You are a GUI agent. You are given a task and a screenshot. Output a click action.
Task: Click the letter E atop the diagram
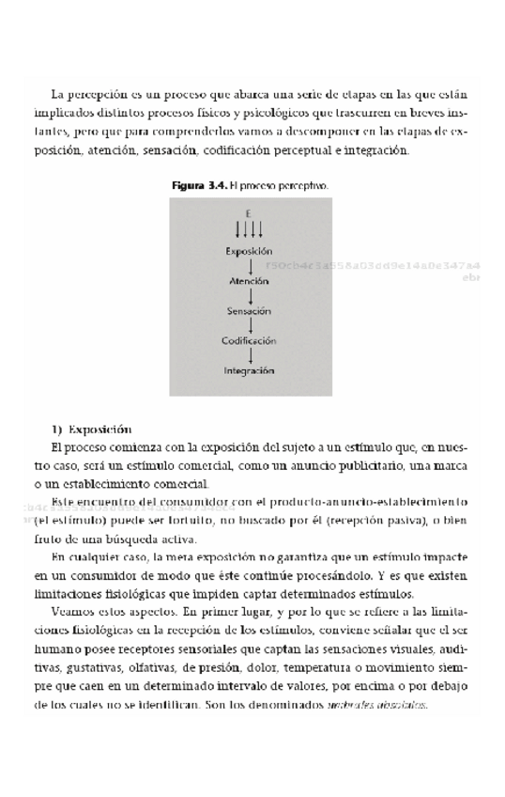tap(249, 213)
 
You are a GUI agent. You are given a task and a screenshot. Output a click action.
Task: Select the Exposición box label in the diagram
tap(249, 251)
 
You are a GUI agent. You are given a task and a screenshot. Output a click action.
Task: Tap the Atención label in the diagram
tap(249, 281)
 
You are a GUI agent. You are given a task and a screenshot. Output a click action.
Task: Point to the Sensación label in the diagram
tap(249, 310)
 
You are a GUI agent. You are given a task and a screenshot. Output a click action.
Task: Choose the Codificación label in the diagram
tap(249, 340)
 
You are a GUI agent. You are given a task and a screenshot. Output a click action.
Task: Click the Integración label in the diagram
tap(249, 370)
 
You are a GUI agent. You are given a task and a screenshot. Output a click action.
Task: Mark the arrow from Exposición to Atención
tap(249, 266)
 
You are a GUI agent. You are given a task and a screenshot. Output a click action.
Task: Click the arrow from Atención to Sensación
tap(249, 296)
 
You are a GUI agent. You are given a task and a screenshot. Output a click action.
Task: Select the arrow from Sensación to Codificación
tap(249, 325)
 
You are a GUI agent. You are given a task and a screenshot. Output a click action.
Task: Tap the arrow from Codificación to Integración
tap(249, 355)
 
